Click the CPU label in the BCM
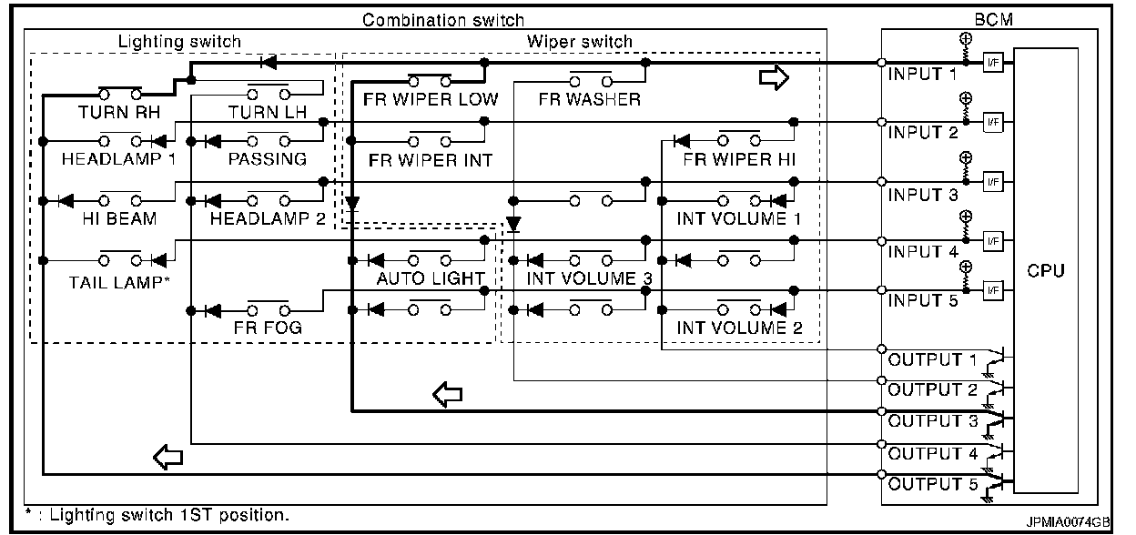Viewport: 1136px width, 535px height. [1045, 271]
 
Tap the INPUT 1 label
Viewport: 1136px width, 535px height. [922, 74]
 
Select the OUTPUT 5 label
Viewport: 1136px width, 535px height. [933, 484]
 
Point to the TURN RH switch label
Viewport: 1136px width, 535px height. [119, 112]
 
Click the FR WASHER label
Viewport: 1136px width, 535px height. [589, 99]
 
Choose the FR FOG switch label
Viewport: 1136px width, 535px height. [268, 328]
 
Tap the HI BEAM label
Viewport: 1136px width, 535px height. [119, 218]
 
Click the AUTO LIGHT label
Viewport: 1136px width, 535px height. [431, 278]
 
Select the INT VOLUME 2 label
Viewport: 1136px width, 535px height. [739, 328]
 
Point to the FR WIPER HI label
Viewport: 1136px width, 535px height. [739, 160]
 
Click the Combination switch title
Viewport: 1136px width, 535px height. [442, 20]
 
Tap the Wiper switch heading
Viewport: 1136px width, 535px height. [580, 42]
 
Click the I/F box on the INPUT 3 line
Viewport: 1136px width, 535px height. [993, 182]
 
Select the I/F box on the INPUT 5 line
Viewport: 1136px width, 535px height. [993, 290]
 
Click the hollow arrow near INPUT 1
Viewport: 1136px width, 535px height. [774, 77]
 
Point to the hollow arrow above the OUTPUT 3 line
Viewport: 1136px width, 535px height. [447, 395]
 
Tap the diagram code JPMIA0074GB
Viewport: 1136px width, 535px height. [1068, 522]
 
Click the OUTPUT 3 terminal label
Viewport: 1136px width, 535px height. [933, 421]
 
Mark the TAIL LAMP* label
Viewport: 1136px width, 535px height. [119, 282]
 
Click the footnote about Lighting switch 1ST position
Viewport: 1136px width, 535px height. [157, 515]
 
